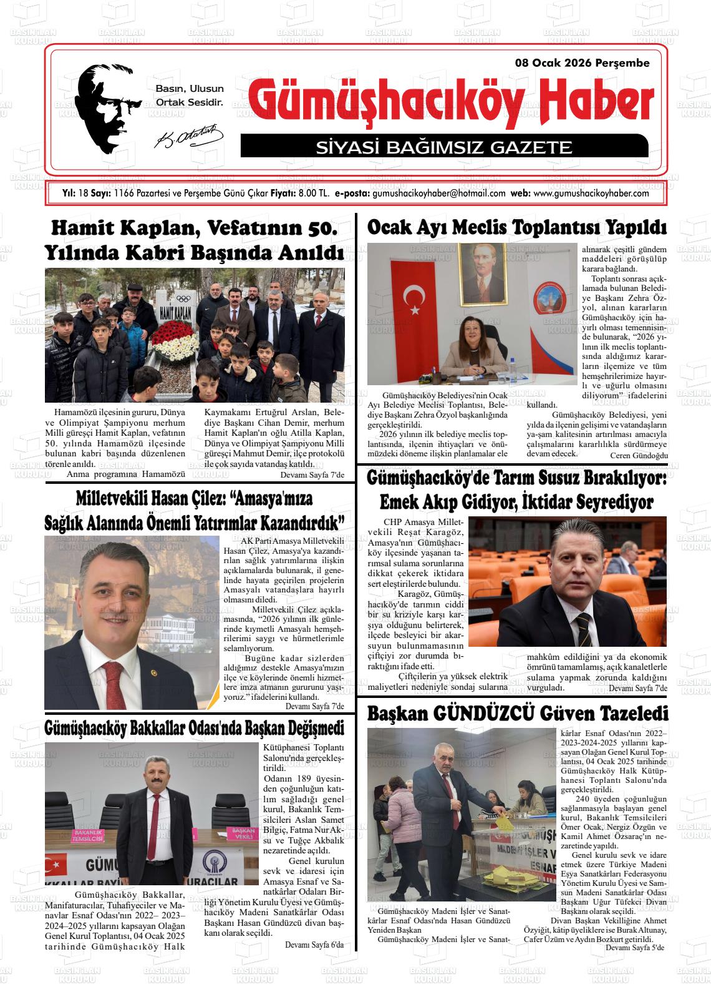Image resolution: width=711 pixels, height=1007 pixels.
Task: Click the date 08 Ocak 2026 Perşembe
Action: click(582, 63)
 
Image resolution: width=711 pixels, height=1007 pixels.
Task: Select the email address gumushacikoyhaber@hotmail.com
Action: click(438, 194)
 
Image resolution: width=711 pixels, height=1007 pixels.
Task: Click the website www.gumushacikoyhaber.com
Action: click(591, 194)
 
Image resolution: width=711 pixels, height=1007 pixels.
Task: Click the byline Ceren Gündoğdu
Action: click(639, 456)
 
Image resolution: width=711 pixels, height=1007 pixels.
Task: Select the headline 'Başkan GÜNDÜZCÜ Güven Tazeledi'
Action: click(517, 714)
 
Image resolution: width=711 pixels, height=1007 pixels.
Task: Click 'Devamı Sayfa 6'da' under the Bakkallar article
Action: click(314, 945)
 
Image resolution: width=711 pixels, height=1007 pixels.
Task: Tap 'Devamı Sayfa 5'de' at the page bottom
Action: click(634, 948)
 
